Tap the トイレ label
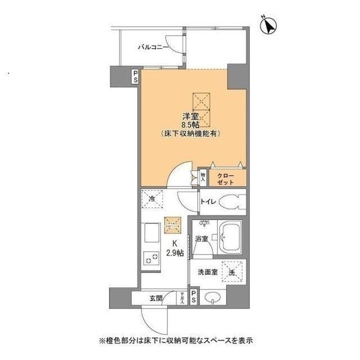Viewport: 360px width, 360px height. pos(206,201)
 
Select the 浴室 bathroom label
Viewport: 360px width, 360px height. pos(201,239)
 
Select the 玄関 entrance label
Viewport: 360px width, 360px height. pos(156,299)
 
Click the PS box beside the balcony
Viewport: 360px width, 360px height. pos(136,76)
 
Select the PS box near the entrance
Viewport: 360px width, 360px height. pos(193,296)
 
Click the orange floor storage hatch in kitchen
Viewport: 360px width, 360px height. pos(172,226)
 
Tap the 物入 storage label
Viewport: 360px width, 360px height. pos(202,177)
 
